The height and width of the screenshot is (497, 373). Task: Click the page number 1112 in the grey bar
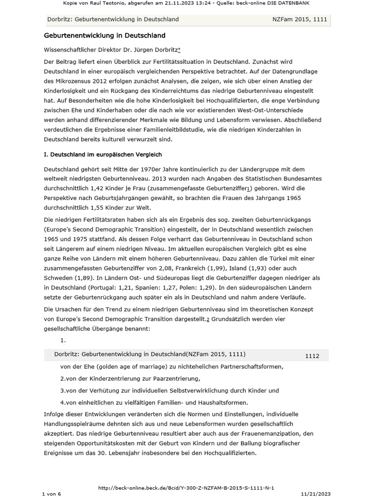312,356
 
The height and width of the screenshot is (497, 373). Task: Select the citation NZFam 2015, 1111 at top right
300,19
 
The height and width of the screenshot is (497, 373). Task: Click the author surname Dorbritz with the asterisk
165,50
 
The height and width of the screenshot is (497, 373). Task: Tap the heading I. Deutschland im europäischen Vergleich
103,154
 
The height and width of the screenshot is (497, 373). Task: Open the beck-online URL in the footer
188,487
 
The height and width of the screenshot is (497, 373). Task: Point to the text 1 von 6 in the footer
51,493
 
